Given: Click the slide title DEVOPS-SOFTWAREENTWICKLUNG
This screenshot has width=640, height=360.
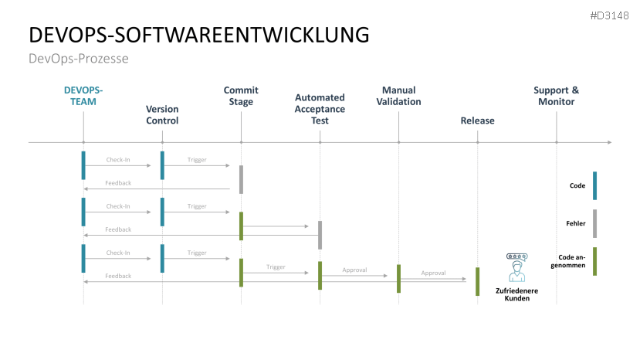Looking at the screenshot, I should tap(198, 35).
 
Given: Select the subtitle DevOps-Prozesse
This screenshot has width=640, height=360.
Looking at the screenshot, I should tap(78, 59).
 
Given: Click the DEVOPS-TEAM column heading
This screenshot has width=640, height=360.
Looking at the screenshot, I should tap(83, 96).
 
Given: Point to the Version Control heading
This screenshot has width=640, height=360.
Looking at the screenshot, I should tap(162, 114).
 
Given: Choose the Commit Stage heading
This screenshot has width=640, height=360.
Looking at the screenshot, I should tap(241, 96).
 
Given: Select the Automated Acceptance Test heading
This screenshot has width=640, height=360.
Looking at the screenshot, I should tap(320, 109).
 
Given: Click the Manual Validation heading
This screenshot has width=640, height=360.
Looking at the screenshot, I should tap(398, 96).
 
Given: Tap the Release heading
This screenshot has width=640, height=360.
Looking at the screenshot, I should tap(477, 121).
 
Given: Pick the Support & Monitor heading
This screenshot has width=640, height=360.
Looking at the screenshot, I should tap(556, 96).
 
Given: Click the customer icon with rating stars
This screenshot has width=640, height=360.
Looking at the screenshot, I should tap(516, 267).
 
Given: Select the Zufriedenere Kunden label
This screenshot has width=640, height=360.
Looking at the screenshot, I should tap(516, 294).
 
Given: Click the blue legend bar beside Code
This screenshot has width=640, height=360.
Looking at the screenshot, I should tap(594, 185).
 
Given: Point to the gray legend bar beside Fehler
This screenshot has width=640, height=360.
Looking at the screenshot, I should tap(594, 223).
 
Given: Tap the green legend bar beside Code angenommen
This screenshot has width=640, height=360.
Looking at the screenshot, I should tap(594, 261).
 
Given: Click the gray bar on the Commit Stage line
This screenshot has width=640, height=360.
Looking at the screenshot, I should tap(241, 179).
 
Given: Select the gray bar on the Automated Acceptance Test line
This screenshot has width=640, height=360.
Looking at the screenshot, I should tap(320, 235).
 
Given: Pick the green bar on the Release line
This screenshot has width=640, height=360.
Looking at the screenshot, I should tap(477, 281).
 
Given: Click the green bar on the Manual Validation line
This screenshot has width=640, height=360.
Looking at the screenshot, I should tap(398, 278).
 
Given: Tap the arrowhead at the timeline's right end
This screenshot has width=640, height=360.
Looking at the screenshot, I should tap(609, 142).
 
